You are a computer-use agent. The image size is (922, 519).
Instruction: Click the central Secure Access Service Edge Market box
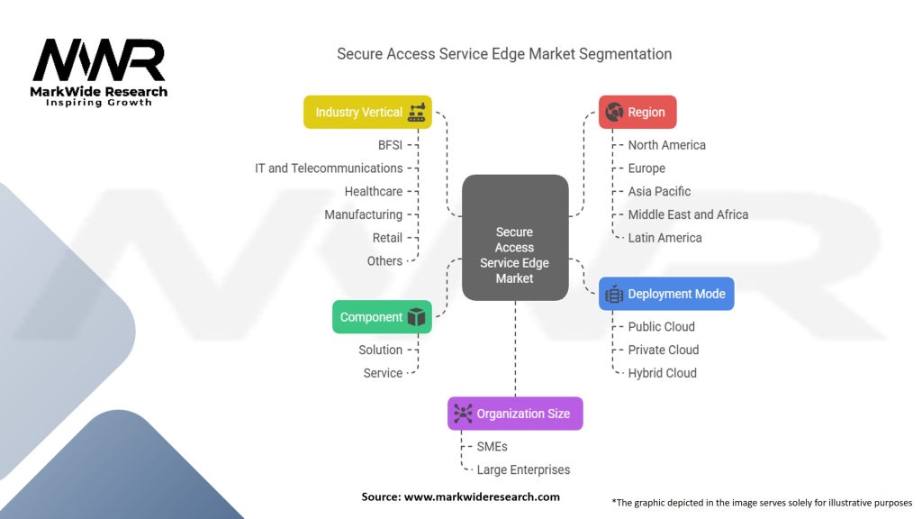[x=515, y=238]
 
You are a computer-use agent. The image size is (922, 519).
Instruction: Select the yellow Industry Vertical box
[x=367, y=113]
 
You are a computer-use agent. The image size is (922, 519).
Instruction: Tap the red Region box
[x=637, y=113]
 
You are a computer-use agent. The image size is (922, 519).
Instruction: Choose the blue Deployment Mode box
[x=666, y=294]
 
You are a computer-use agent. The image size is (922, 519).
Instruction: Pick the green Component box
[x=382, y=317]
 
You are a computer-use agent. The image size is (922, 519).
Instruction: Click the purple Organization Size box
[x=515, y=414]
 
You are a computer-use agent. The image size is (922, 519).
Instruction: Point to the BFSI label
[x=390, y=145]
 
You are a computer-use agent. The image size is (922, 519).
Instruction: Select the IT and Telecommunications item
[x=329, y=168]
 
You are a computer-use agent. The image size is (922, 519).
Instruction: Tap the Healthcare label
[x=373, y=191]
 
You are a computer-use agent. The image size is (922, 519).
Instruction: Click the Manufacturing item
[x=363, y=214]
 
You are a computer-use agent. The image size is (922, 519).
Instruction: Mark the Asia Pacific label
[x=659, y=191]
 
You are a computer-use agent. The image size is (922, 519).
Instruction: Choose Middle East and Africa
[x=688, y=214]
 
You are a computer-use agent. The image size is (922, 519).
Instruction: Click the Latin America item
[x=664, y=238]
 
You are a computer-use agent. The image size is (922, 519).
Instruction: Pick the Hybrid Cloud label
[x=662, y=373]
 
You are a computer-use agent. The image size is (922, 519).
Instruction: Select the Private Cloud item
[x=663, y=350]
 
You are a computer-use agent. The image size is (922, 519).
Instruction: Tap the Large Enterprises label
[x=523, y=469]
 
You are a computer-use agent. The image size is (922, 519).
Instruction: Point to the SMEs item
[x=492, y=446]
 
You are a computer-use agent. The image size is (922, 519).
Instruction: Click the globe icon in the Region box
[x=614, y=113]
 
